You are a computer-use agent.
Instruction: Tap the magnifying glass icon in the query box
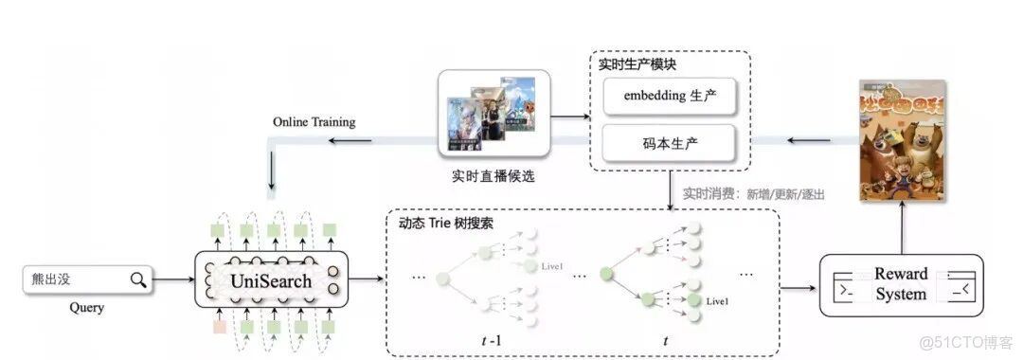(x=138, y=279)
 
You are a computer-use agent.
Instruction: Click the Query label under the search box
(x=86, y=308)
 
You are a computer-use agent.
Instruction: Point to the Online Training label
(x=314, y=122)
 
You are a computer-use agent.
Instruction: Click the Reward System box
(x=901, y=284)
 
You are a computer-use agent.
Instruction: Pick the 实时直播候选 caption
(x=493, y=176)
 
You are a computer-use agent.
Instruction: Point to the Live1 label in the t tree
(x=717, y=301)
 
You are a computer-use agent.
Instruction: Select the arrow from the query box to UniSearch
(x=173, y=279)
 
